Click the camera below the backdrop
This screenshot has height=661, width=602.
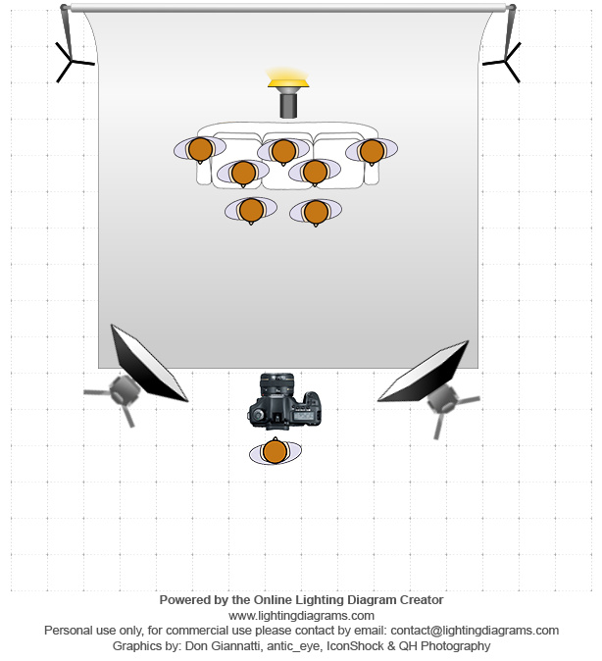click(x=284, y=402)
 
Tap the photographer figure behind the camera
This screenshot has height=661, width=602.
click(x=275, y=452)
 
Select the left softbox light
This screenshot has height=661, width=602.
click(x=147, y=365)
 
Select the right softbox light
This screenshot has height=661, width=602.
click(x=425, y=372)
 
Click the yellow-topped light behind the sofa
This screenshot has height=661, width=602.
click(x=288, y=92)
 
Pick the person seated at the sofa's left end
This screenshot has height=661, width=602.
click(x=200, y=149)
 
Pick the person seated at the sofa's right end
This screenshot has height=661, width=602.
click(x=371, y=151)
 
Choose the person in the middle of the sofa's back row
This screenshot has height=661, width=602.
click(x=283, y=150)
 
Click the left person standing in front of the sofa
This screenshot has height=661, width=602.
click(x=251, y=210)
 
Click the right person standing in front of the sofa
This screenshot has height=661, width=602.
click(x=315, y=211)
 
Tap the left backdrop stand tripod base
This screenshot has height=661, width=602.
click(x=72, y=62)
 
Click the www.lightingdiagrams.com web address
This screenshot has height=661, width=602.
click(x=301, y=615)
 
